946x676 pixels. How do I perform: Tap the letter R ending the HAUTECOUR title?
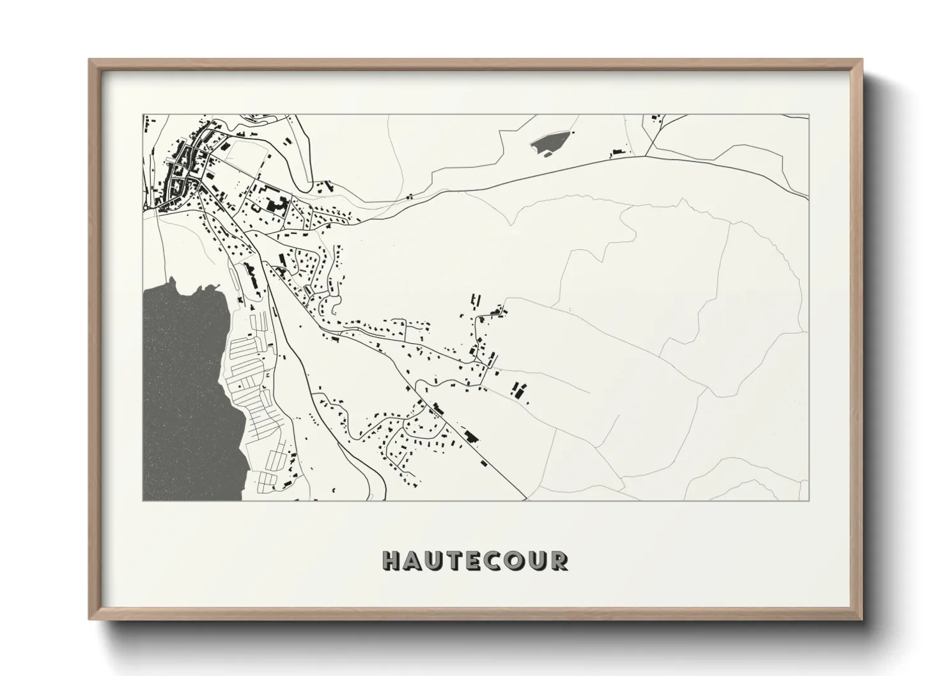tap(559, 561)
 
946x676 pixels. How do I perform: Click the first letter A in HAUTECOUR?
tap(412, 561)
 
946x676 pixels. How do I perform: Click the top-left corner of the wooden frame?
tap(90, 61)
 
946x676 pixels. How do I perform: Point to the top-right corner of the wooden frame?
tap(861, 61)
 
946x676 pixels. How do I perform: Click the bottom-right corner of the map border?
tap(809, 500)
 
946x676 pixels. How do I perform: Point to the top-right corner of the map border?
tap(809, 115)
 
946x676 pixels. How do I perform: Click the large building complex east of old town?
tap(275, 204)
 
